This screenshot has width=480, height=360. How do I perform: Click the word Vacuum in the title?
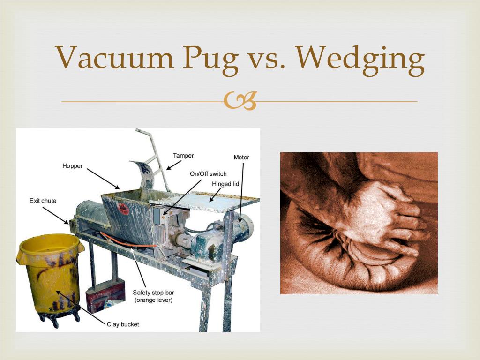point(115,57)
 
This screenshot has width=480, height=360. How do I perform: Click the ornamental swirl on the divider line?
point(240,101)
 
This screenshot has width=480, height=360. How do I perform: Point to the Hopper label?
point(73,166)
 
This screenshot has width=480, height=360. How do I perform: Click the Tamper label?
point(183,156)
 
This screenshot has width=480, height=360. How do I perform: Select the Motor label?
point(241,157)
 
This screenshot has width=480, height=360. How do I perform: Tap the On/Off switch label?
point(208,174)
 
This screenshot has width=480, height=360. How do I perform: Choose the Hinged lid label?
point(225,184)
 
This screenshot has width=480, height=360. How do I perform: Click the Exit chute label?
point(43,201)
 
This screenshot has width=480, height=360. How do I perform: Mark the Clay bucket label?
point(123,324)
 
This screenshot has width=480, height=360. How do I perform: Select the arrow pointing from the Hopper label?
point(103,179)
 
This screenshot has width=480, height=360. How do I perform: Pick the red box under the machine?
point(105,295)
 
